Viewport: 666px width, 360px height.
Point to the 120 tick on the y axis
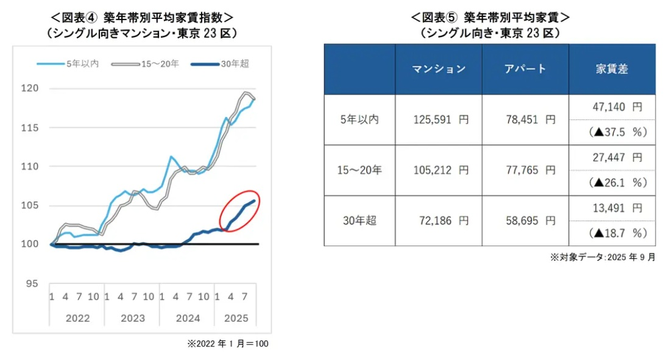pos(30,89)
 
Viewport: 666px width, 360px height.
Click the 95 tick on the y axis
pos(33,283)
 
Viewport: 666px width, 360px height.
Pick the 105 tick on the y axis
pos(30,205)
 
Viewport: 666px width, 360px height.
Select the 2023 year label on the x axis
pos(132,318)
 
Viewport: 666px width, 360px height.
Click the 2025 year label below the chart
pos(235,318)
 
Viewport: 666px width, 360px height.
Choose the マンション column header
pos(439,69)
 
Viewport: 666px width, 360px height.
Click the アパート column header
pos(525,69)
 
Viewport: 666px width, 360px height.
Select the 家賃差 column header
pos(612,69)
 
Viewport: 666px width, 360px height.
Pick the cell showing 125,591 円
pos(439,120)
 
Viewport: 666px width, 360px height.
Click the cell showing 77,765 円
pos(525,171)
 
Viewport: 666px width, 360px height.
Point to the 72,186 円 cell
pos(439,221)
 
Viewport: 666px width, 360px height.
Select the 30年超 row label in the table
pos(359,221)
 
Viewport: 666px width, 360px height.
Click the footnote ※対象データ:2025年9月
pos(603,257)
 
